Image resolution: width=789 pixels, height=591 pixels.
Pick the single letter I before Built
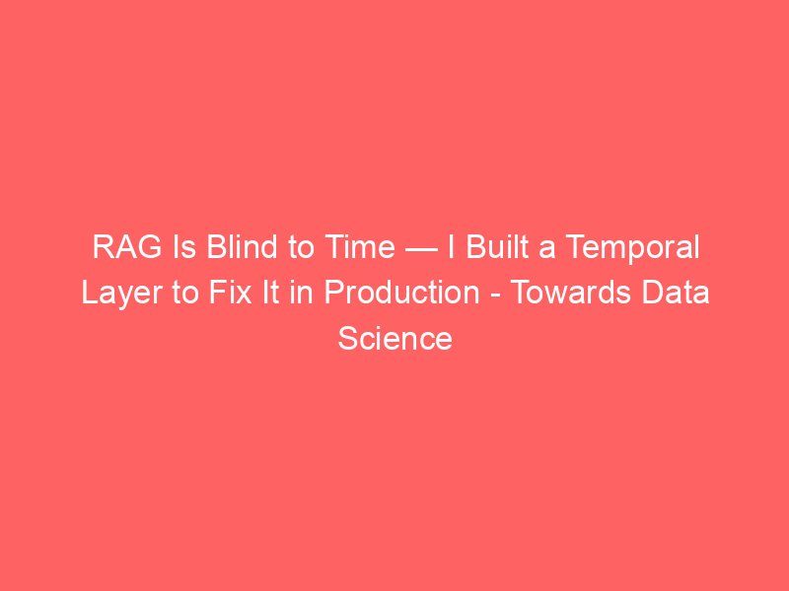click(452, 247)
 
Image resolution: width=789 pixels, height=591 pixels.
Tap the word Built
click(497, 246)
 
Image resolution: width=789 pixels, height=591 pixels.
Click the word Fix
click(231, 292)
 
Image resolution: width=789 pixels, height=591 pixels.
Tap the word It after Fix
click(270, 292)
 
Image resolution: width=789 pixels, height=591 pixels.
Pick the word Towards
click(570, 292)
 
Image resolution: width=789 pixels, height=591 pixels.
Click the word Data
click(675, 292)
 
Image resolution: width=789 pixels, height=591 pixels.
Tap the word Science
click(395, 338)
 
